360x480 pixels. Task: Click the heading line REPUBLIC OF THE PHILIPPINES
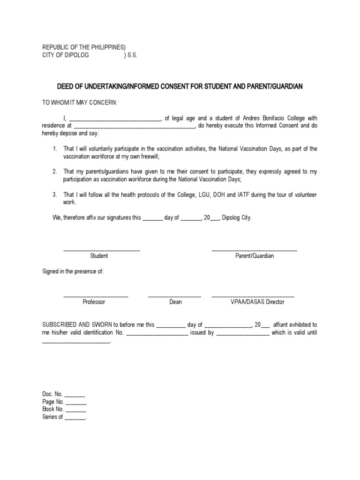pos(84,47)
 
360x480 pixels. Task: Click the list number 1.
pos(55,149)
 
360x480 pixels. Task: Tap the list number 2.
pos(55,172)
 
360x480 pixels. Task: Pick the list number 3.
pos(55,195)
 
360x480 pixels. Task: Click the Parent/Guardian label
pos(255,256)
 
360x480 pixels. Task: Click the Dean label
pos(175,302)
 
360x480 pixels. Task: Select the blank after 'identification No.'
pos(157,334)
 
